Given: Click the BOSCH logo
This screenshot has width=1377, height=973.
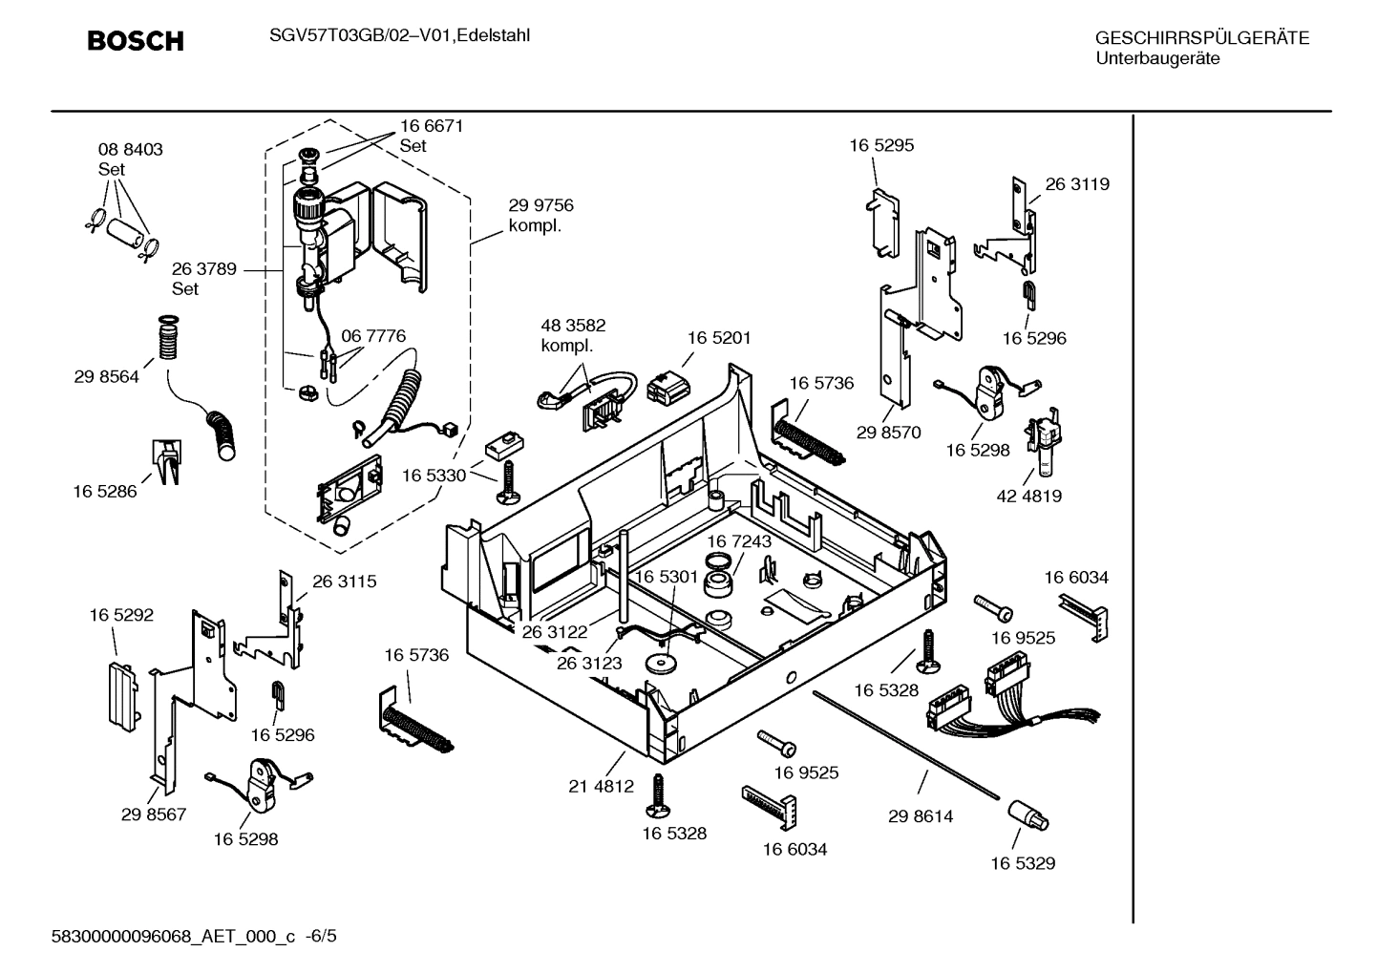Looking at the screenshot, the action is pos(135,41).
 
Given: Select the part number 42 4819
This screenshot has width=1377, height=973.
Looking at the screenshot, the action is pos(1029,496).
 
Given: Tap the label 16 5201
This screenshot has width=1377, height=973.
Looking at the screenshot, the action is pos(719,337).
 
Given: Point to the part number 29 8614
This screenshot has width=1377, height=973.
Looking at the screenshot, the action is pos(921,816).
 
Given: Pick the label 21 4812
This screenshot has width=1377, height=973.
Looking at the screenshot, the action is pos(601,787).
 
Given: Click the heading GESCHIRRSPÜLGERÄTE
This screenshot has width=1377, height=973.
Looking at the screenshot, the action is pos(1201,38).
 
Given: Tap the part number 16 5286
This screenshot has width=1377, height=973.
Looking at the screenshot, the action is pos(105,492).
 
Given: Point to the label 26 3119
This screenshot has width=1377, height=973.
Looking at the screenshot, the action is pos(1077,184).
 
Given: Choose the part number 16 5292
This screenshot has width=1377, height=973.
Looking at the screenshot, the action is pos(121,616).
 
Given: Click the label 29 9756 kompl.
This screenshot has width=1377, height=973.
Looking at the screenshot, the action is pos(540,215).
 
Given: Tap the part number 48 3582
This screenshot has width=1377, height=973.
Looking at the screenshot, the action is pos(573,326).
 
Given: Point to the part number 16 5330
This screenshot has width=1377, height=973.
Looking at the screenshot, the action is pos(434,476).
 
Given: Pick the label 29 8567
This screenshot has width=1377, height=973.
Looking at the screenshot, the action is pos(154,814).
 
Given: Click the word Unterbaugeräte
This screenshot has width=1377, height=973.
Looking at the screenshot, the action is pos(1156,59).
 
